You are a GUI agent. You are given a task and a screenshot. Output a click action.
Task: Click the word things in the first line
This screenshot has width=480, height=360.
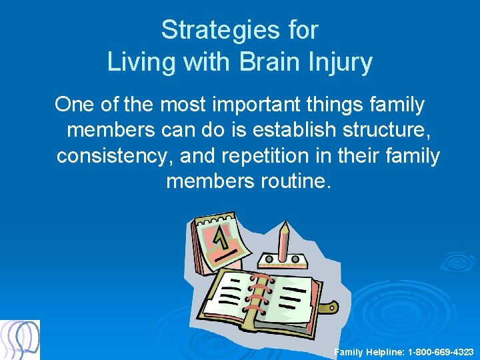(x=345, y=105)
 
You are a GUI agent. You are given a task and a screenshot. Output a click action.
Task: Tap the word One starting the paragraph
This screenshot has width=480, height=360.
(x=75, y=105)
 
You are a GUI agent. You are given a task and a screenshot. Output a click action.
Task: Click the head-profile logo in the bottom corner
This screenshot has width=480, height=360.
(x=20, y=340)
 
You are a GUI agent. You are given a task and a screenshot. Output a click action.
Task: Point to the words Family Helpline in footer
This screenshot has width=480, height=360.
(x=365, y=351)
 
